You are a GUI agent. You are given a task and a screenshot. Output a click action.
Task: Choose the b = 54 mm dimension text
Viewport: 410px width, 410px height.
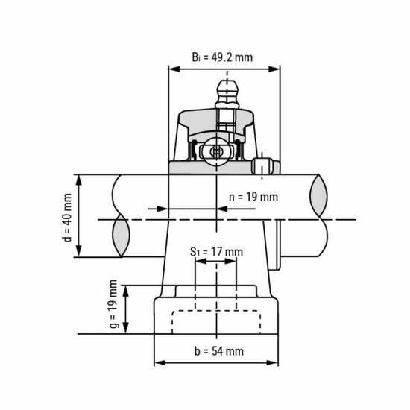pyautogui.click(x=218, y=351)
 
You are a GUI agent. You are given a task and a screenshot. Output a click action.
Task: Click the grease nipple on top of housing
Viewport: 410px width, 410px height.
pyautogui.click(x=224, y=93)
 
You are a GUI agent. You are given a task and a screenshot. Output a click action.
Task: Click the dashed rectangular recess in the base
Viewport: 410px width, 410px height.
pyautogui.click(x=217, y=321)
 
